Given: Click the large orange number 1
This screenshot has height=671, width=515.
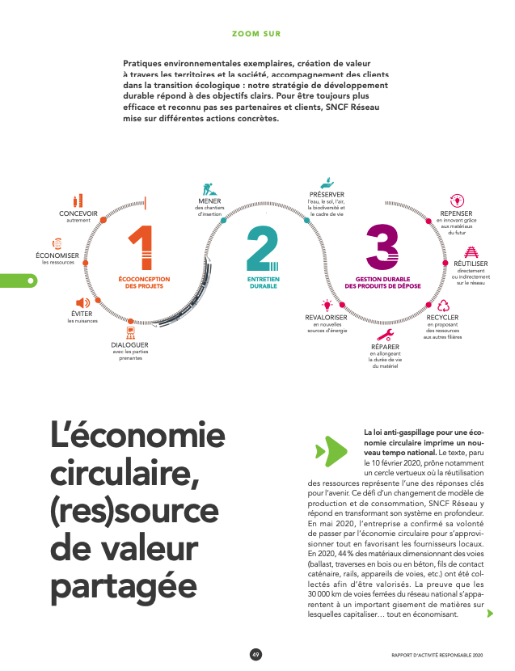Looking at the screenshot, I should tap(141, 248).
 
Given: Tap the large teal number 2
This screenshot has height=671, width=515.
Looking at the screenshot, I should tap(262, 248).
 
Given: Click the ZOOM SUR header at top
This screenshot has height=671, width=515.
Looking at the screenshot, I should tap(256, 34).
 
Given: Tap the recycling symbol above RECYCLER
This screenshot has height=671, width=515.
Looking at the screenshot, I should tap(442, 306).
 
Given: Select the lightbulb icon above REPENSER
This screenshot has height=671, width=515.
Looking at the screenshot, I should tap(458, 200).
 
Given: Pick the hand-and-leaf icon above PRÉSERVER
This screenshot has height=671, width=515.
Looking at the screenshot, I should tap(327, 183).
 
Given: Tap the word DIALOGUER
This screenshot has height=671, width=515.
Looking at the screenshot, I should tap(130, 345).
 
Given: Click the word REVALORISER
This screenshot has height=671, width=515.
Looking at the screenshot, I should tap(327, 318).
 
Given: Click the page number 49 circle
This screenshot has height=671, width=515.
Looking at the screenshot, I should tap(256, 655).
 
